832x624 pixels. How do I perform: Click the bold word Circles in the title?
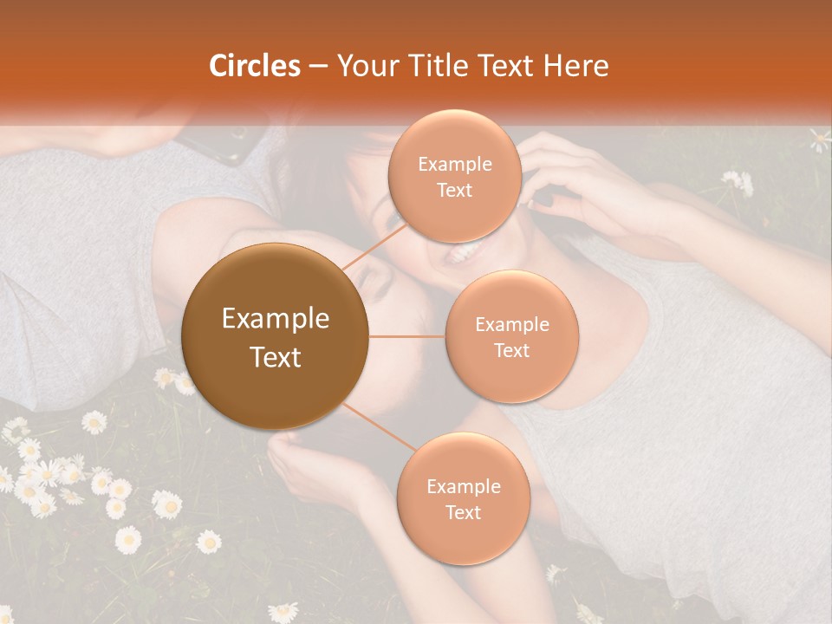[x=255, y=65]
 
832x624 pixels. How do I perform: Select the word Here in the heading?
[x=577, y=65]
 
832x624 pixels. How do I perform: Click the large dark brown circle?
[x=276, y=336]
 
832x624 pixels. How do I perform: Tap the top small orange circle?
[x=455, y=176]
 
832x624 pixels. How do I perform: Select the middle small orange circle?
[x=511, y=336]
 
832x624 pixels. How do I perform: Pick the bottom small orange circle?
[x=463, y=498]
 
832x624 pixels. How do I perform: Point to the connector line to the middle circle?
[x=407, y=336]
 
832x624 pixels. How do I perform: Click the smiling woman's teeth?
[x=461, y=253]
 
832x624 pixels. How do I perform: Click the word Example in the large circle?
[x=276, y=319]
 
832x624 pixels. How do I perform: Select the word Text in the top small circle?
[x=455, y=190]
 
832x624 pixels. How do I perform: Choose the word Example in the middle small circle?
[x=511, y=324]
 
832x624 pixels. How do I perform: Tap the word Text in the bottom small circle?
[x=463, y=512]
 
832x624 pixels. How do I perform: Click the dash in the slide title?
[x=318, y=66]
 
